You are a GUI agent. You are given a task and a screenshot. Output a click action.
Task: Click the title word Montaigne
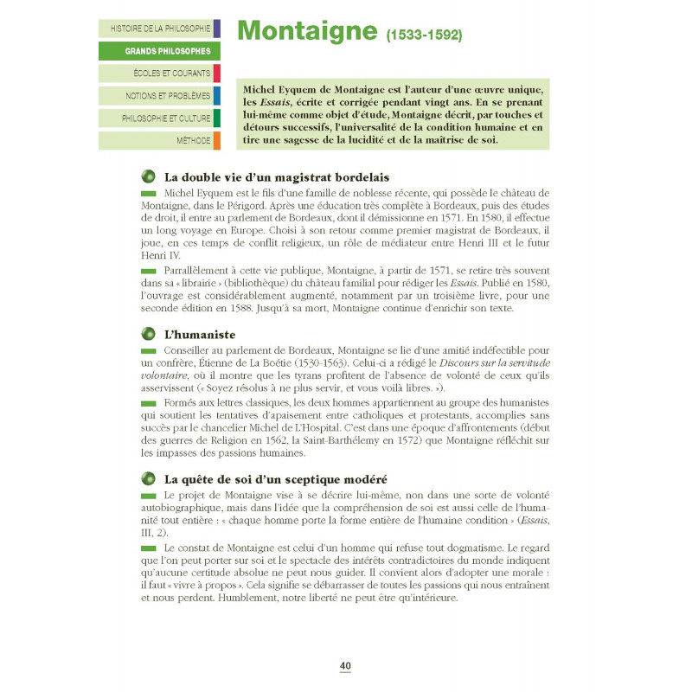[304, 31]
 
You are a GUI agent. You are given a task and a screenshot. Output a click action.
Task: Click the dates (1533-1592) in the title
[424, 35]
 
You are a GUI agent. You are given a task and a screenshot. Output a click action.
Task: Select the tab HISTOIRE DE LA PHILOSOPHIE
[160, 29]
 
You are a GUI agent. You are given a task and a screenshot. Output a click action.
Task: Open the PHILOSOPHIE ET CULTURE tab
[160, 118]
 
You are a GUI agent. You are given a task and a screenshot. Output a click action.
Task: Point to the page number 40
[345, 665]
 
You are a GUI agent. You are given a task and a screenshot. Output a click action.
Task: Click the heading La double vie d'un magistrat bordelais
[277, 176]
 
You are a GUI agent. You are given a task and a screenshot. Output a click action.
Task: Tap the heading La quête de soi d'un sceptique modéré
[275, 478]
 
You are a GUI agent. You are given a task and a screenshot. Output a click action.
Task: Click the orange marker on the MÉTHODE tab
[216, 140]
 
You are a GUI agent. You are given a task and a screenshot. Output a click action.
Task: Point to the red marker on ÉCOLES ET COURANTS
[216, 74]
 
